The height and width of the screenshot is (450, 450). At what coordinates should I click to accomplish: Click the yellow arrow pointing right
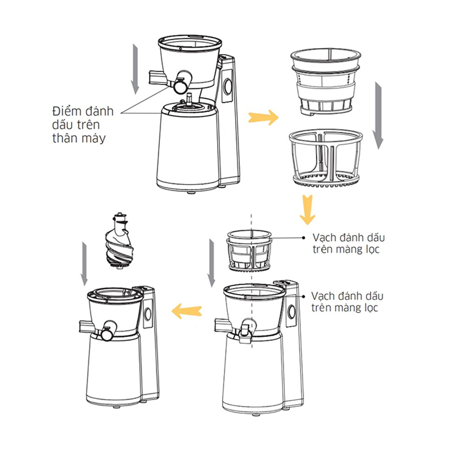pos(263,117)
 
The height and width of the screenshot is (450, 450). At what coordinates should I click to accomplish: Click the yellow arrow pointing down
pos(307,209)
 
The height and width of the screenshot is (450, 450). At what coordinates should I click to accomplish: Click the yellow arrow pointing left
pos(187,311)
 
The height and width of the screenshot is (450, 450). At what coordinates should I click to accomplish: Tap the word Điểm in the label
pos(66,111)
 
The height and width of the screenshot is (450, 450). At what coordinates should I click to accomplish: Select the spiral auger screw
pos(120,241)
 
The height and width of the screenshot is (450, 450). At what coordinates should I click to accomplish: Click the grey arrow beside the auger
pos(84,264)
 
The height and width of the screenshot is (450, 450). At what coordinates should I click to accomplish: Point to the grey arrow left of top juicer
pos(135,69)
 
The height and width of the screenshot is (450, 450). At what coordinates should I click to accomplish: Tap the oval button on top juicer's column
pos(228,87)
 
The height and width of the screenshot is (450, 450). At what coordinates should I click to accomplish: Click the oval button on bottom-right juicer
pos(292,312)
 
